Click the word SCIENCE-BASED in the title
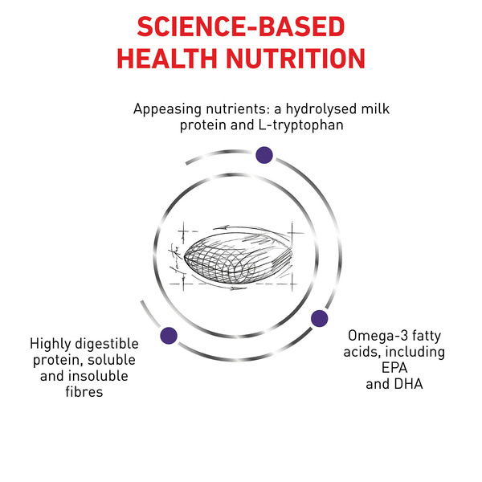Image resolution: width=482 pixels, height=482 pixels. click(241, 27)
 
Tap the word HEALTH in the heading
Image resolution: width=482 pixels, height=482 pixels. click(167, 59)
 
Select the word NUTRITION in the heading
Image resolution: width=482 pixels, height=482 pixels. click(296, 59)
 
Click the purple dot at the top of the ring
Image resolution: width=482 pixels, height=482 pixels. click(264, 155)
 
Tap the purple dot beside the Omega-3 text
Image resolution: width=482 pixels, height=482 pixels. click(320, 318)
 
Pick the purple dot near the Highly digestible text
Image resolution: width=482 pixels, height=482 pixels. click(169, 335)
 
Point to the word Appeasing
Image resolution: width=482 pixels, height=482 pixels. click(168, 110)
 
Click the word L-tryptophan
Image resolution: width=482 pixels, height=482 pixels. click(301, 125)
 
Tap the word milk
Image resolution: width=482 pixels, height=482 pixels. click(375, 108)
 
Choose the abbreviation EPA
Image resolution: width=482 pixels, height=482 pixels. click(394, 368)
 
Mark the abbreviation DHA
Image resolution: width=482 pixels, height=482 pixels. click(409, 384)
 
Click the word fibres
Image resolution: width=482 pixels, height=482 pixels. click(84, 392)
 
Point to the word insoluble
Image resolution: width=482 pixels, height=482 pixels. click(98, 376)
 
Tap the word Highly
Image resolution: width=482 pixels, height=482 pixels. click(51, 345)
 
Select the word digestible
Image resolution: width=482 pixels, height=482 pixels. click(107, 345)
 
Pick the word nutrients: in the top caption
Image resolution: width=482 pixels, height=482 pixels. click(243, 109)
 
